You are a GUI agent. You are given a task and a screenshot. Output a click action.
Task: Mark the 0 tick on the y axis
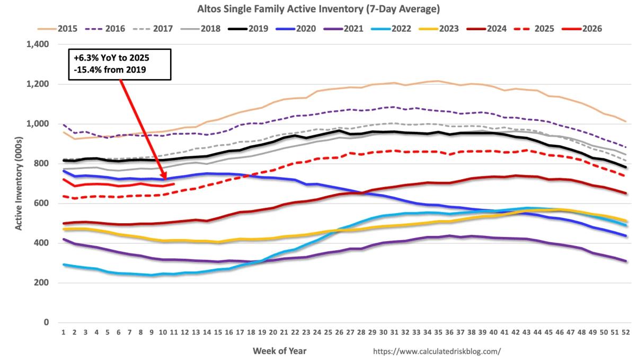[x=47, y=323]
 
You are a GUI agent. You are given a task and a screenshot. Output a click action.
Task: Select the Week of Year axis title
[x=279, y=351]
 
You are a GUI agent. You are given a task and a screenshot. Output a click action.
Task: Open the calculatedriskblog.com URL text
[x=437, y=351]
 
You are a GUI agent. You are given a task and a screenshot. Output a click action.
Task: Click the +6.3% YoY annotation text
[x=108, y=58]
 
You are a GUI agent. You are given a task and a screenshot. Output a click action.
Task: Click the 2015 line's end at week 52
[x=625, y=121]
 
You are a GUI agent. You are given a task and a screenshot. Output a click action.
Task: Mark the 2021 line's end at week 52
[x=625, y=261]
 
